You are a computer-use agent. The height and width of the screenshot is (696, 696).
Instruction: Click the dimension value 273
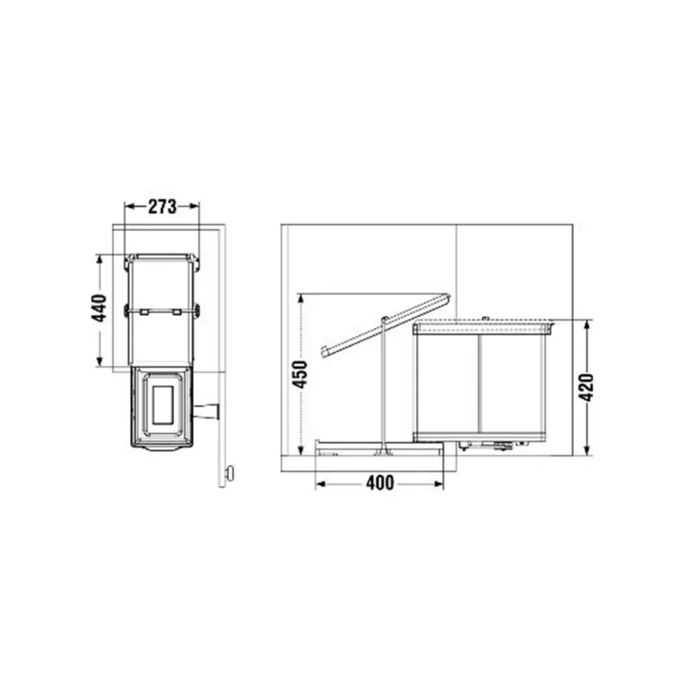pyautogui.click(x=162, y=207)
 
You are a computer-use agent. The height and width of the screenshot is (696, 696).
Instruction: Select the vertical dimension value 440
pyautogui.click(x=99, y=308)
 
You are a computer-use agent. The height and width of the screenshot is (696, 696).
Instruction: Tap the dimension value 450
pyautogui.click(x=300, y=375)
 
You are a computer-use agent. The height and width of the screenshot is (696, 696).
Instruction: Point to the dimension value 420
pyautogui.click(x=587, y=387)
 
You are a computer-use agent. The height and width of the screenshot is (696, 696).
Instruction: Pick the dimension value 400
pyautogui.click(x=380, y=483)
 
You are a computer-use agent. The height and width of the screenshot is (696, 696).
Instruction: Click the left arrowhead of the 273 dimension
pyautogui.click(x=130, y=206)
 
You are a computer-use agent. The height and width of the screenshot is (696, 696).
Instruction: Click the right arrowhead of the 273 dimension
pyautogui.click(x=194, y=206)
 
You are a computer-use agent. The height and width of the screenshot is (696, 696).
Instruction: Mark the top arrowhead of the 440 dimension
pyautogui.click(x=99, y=260)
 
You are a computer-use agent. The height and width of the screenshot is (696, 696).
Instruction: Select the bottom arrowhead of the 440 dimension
pyautogui.click(x=99, y=361)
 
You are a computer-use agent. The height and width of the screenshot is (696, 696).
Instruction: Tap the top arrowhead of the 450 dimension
pyautogui.click(x=301, y=299)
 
